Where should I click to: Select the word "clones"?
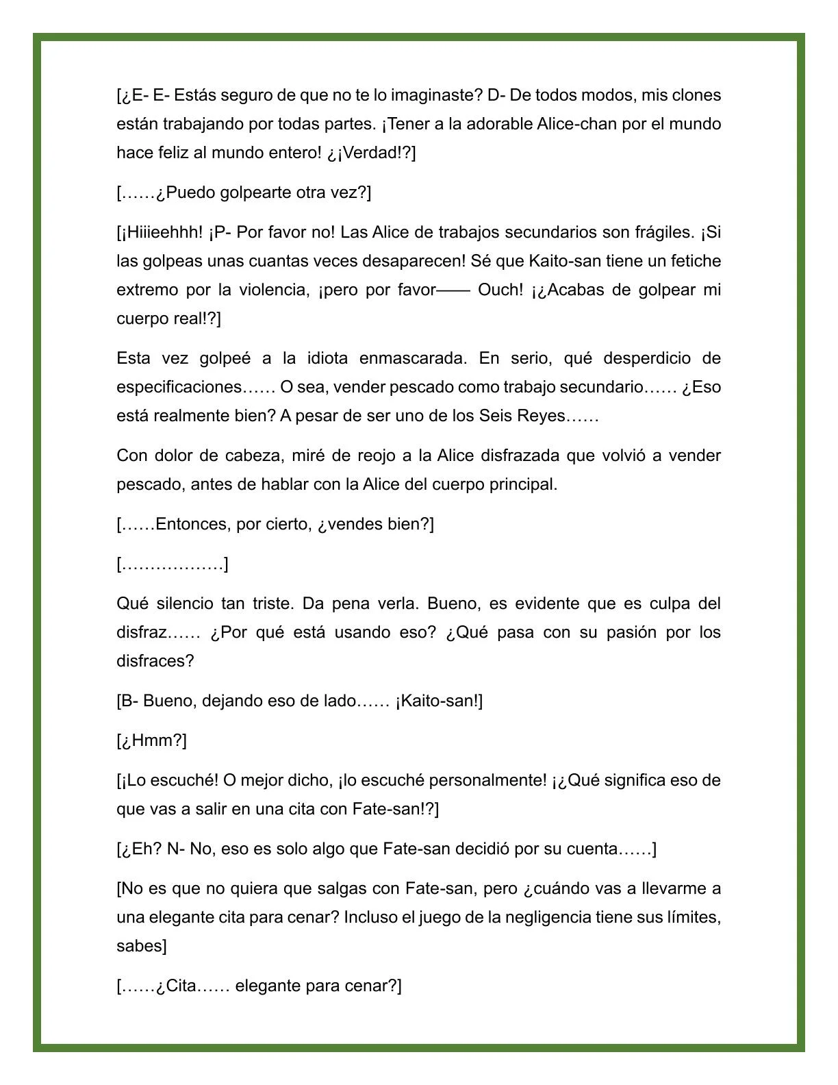click(x=696, y=95)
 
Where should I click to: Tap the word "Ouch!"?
click(x=500, y=290)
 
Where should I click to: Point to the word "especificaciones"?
click(x=179, y=387)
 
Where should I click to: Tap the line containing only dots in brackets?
click(x=173, y=564)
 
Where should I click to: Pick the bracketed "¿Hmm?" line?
click(x=152, y=740)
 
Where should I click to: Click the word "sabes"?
click(x=140, y=946)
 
